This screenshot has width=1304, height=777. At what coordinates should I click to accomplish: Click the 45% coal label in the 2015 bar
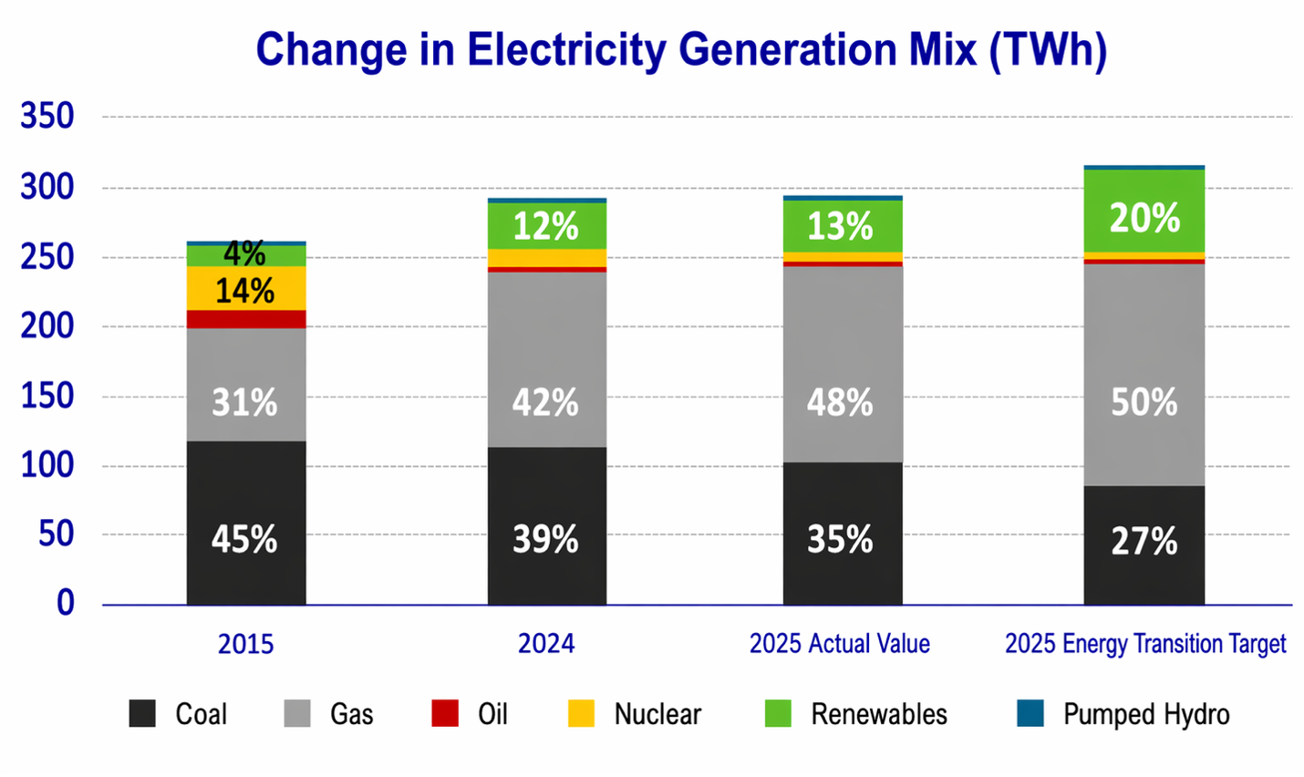[x=244, y=539]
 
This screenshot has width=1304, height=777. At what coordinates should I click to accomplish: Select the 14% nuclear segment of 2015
[x=245, y=290]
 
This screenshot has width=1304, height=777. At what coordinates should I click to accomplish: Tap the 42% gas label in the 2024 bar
[x=545, y=402]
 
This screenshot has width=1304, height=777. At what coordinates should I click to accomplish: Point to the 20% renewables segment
[x=1144, y=217]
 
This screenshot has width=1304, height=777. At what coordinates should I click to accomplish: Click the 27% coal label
[x=1144, y=541]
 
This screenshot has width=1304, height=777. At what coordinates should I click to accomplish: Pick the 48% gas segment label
[x=840, y=402]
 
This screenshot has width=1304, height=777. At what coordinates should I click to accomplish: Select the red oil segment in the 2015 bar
[x=246, y=319]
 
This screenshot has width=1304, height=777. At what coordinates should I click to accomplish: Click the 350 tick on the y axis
[x=47, y=116]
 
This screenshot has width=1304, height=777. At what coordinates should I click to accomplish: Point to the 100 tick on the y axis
[x=47, y=464]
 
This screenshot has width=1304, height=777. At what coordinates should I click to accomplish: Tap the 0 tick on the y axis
[x=66, y=603]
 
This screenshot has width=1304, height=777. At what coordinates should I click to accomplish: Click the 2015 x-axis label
[x=245, y=644]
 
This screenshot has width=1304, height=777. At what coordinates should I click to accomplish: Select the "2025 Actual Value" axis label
[x=840, y=644]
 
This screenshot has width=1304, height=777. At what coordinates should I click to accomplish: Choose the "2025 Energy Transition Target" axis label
[x=1145, y=644]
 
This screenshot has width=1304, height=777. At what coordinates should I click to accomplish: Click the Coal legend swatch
[x=142, y=713]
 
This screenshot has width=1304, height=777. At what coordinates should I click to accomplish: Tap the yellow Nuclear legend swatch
[x=581, y=713]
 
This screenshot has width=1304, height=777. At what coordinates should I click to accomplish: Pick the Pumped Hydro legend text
[x=1146, y=714]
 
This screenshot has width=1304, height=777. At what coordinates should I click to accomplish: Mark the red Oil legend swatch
[x=445, y=713]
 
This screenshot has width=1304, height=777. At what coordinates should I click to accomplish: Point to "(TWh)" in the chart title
[x=1049, y=49]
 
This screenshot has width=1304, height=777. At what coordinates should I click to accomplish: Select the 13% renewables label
[x=840, y=226]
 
